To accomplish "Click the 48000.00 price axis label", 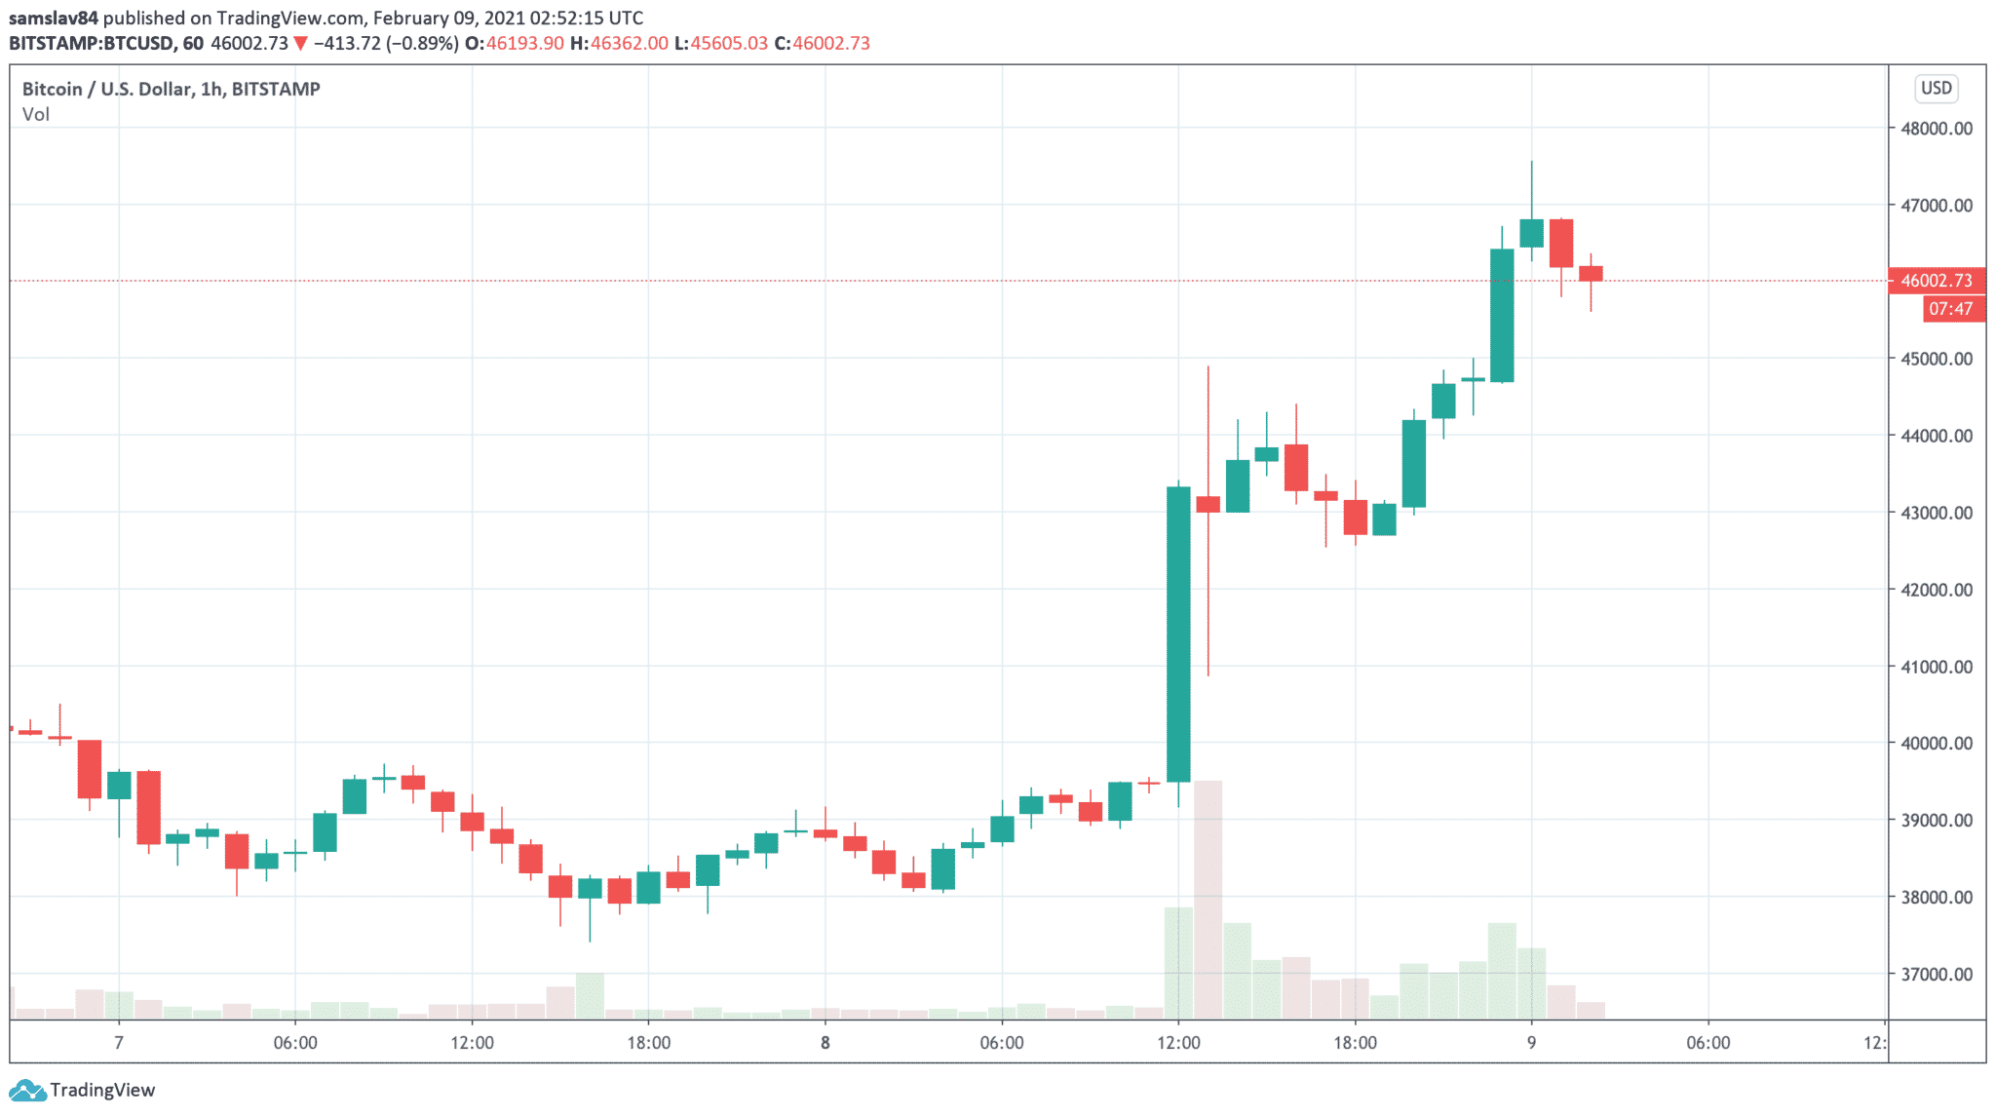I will pos(1937,129).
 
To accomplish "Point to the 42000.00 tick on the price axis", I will pos(1937,590).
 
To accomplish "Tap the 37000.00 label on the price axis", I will pos(1937,974).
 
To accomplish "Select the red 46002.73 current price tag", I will pos(1936,281).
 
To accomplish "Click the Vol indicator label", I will pos(36,115).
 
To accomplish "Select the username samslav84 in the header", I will pos(54,18).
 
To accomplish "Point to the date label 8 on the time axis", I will pos(825,1043).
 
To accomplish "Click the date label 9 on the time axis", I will pos(1531,1043).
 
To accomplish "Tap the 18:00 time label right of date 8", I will pos(1355,1043).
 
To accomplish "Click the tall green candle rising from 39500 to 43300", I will pos(1178,634).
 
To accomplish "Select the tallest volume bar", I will pos(1208,897).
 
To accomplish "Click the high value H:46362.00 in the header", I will pos(619,43).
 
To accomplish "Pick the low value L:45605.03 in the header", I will pos(721,43).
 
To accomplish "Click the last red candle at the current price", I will pos(1591,274).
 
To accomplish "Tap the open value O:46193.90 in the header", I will pos(514,43).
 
